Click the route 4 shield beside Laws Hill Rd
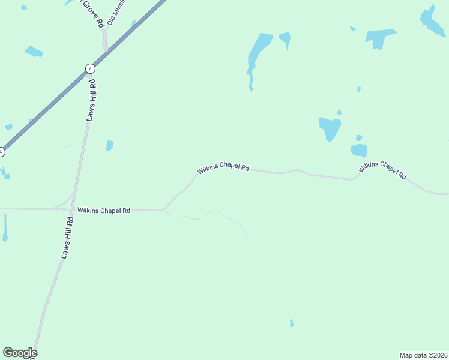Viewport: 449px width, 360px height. (x=90, y=68)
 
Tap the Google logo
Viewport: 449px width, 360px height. (x=20, y=353)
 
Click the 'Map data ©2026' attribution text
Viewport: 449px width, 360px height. (x=424, y=355)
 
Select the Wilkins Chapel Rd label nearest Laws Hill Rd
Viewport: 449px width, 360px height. (x=104, y=211)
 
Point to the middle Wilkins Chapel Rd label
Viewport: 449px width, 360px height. (x=223, y=167)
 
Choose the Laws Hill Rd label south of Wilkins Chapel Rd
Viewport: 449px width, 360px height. (x=67, y=238)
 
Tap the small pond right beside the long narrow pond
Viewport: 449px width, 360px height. (x=285, y=40)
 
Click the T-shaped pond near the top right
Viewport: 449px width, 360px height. (x=381, y=38)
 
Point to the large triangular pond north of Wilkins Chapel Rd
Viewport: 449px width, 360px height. (x=330, y=128)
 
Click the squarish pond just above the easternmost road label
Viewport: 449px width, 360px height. (x=359, y=150)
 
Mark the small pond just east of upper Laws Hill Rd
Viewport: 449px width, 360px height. (x=110, y=145)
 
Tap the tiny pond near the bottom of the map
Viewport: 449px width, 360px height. (x=292, y=323)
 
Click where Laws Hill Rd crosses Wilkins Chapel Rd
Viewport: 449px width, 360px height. (x=73, y=209)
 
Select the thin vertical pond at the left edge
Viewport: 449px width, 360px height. (x=5, y=228)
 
